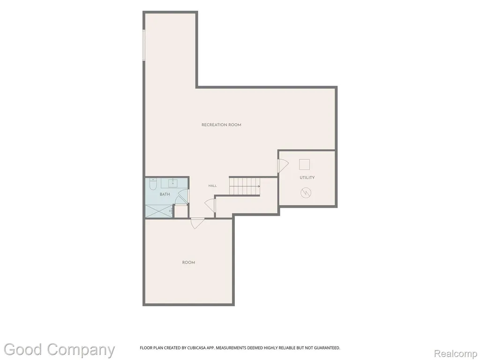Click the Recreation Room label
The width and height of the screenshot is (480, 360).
pyautogui.click(x=221, y=125)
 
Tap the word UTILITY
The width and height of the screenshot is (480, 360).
pyautogui.click(x=307, y=178)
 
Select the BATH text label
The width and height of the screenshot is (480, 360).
pyautogui.click(x=165, y=195)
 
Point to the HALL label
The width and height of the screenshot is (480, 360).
pyautogui.click(x=212, y=186)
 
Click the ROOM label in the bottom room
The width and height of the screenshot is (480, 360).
pyautogui.click(x=188, y=262)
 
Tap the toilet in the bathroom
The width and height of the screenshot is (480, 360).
pyautogui.click(x=153, y=184)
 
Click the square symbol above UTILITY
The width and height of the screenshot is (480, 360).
pyautogui.click(x=305, y=164)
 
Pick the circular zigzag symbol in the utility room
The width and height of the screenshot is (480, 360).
pyautogui.click(x=306, y=193)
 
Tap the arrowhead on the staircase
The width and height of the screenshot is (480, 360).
pyautogui.click(x=259, y=186)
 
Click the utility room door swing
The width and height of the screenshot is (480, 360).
pyautogui.click(x=283, y=165)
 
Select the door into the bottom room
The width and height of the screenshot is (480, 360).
pyautogui.click(x=197, y=223)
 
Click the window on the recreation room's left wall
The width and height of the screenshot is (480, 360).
pyautogui.click(x=144, y=45)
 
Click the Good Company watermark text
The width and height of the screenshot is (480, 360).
pyautogui.click(x=60, y=350)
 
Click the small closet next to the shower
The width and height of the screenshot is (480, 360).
pyautogui.click(x=181, y=211)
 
